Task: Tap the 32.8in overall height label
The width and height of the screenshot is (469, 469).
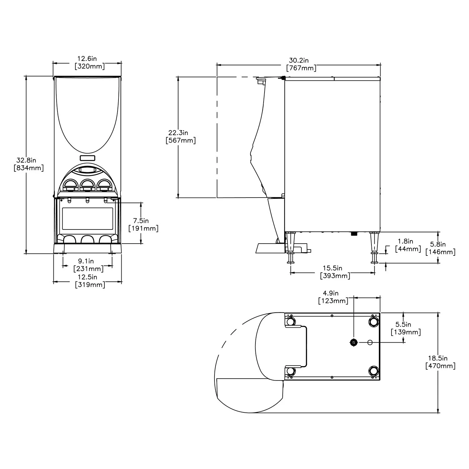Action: [29, 164]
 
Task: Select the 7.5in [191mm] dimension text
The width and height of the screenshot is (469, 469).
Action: [144, 225]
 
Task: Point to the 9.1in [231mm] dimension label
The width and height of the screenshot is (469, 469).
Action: [88, 265]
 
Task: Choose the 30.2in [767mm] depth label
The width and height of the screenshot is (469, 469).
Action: [301, 64]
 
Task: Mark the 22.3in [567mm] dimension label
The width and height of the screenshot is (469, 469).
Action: [181, 137]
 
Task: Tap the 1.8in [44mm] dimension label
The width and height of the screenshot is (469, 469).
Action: [408, 245]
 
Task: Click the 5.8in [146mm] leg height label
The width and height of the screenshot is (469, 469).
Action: [441, 248]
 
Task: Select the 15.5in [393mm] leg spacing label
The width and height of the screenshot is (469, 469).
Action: [335, 272]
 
